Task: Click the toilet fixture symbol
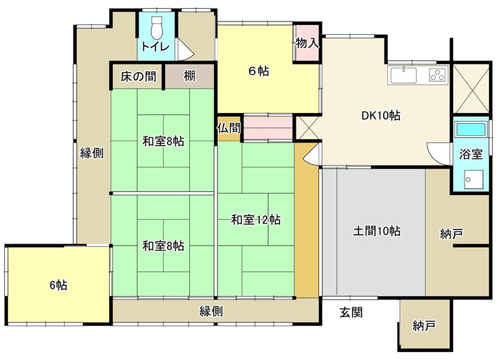click(x=157, y=28)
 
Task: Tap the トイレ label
click(x=155, y=47)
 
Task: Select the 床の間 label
click(x=139, y=77)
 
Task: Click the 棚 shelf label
click(x=189, y=76)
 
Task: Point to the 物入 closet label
click(x=307, y=42)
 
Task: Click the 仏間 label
click(x=229, y=129)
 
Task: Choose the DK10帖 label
click(x=380, y=116)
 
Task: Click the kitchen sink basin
click(x=403, y=75)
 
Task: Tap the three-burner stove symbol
click(x=438, y=75)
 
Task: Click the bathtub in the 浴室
click(x=471, y=129)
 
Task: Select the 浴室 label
click(x=471, y=154)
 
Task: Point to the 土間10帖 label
click(x=376, y=231)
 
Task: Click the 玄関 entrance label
click(x=351, y=312)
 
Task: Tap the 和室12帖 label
click(x=256, y=220)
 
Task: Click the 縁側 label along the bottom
click(x=211, y=311)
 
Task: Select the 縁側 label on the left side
click(x=92, y=153)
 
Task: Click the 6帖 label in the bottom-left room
click(x=59, y=285)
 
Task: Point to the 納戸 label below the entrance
click(x=424, y=326)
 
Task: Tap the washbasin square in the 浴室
click(x=473, y=180)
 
